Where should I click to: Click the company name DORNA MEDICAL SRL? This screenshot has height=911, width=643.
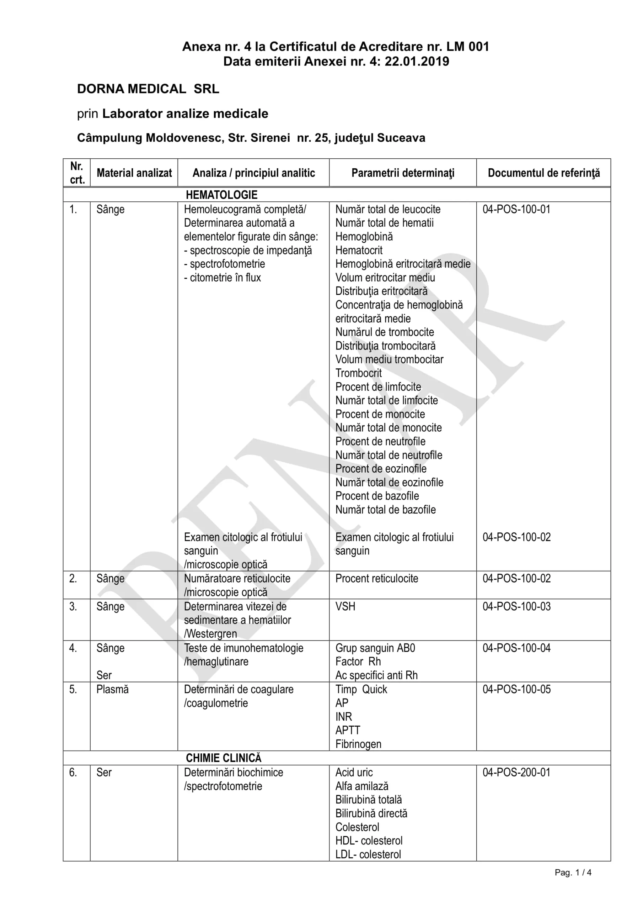click(x=148, y=89)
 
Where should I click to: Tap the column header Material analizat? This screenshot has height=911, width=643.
click(x=134, y=173)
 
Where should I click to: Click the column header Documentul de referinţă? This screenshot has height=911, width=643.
click(x=543, y=173)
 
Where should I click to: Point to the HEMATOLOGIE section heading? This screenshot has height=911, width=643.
click(x=221, y=195)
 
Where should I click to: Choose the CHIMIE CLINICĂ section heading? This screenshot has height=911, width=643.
click(x=224, y=758)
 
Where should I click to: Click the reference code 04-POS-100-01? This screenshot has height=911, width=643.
click(x=516, y=209)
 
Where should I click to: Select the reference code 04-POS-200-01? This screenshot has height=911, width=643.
click(x=516, y=773)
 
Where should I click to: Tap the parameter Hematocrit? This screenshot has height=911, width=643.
click(x=359, y=251)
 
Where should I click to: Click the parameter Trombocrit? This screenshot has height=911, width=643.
click(x=358, y=373)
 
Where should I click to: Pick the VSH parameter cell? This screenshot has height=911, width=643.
click(x=345, y=607)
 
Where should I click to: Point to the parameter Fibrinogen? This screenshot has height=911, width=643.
click(x=358, y=744)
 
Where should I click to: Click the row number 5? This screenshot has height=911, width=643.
click(x=73, y=690)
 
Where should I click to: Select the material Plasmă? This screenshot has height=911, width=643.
click(x=112, y=690)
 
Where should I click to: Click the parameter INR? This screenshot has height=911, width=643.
click(x=343, y=717)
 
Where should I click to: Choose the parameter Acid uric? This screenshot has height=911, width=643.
click(x=354, y=773)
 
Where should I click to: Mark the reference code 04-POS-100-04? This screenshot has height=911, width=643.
click(x=516, y=648)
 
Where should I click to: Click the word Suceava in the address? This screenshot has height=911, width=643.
click(x=401, y=138)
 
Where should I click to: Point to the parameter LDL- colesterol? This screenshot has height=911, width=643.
click(x=368, y=854)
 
